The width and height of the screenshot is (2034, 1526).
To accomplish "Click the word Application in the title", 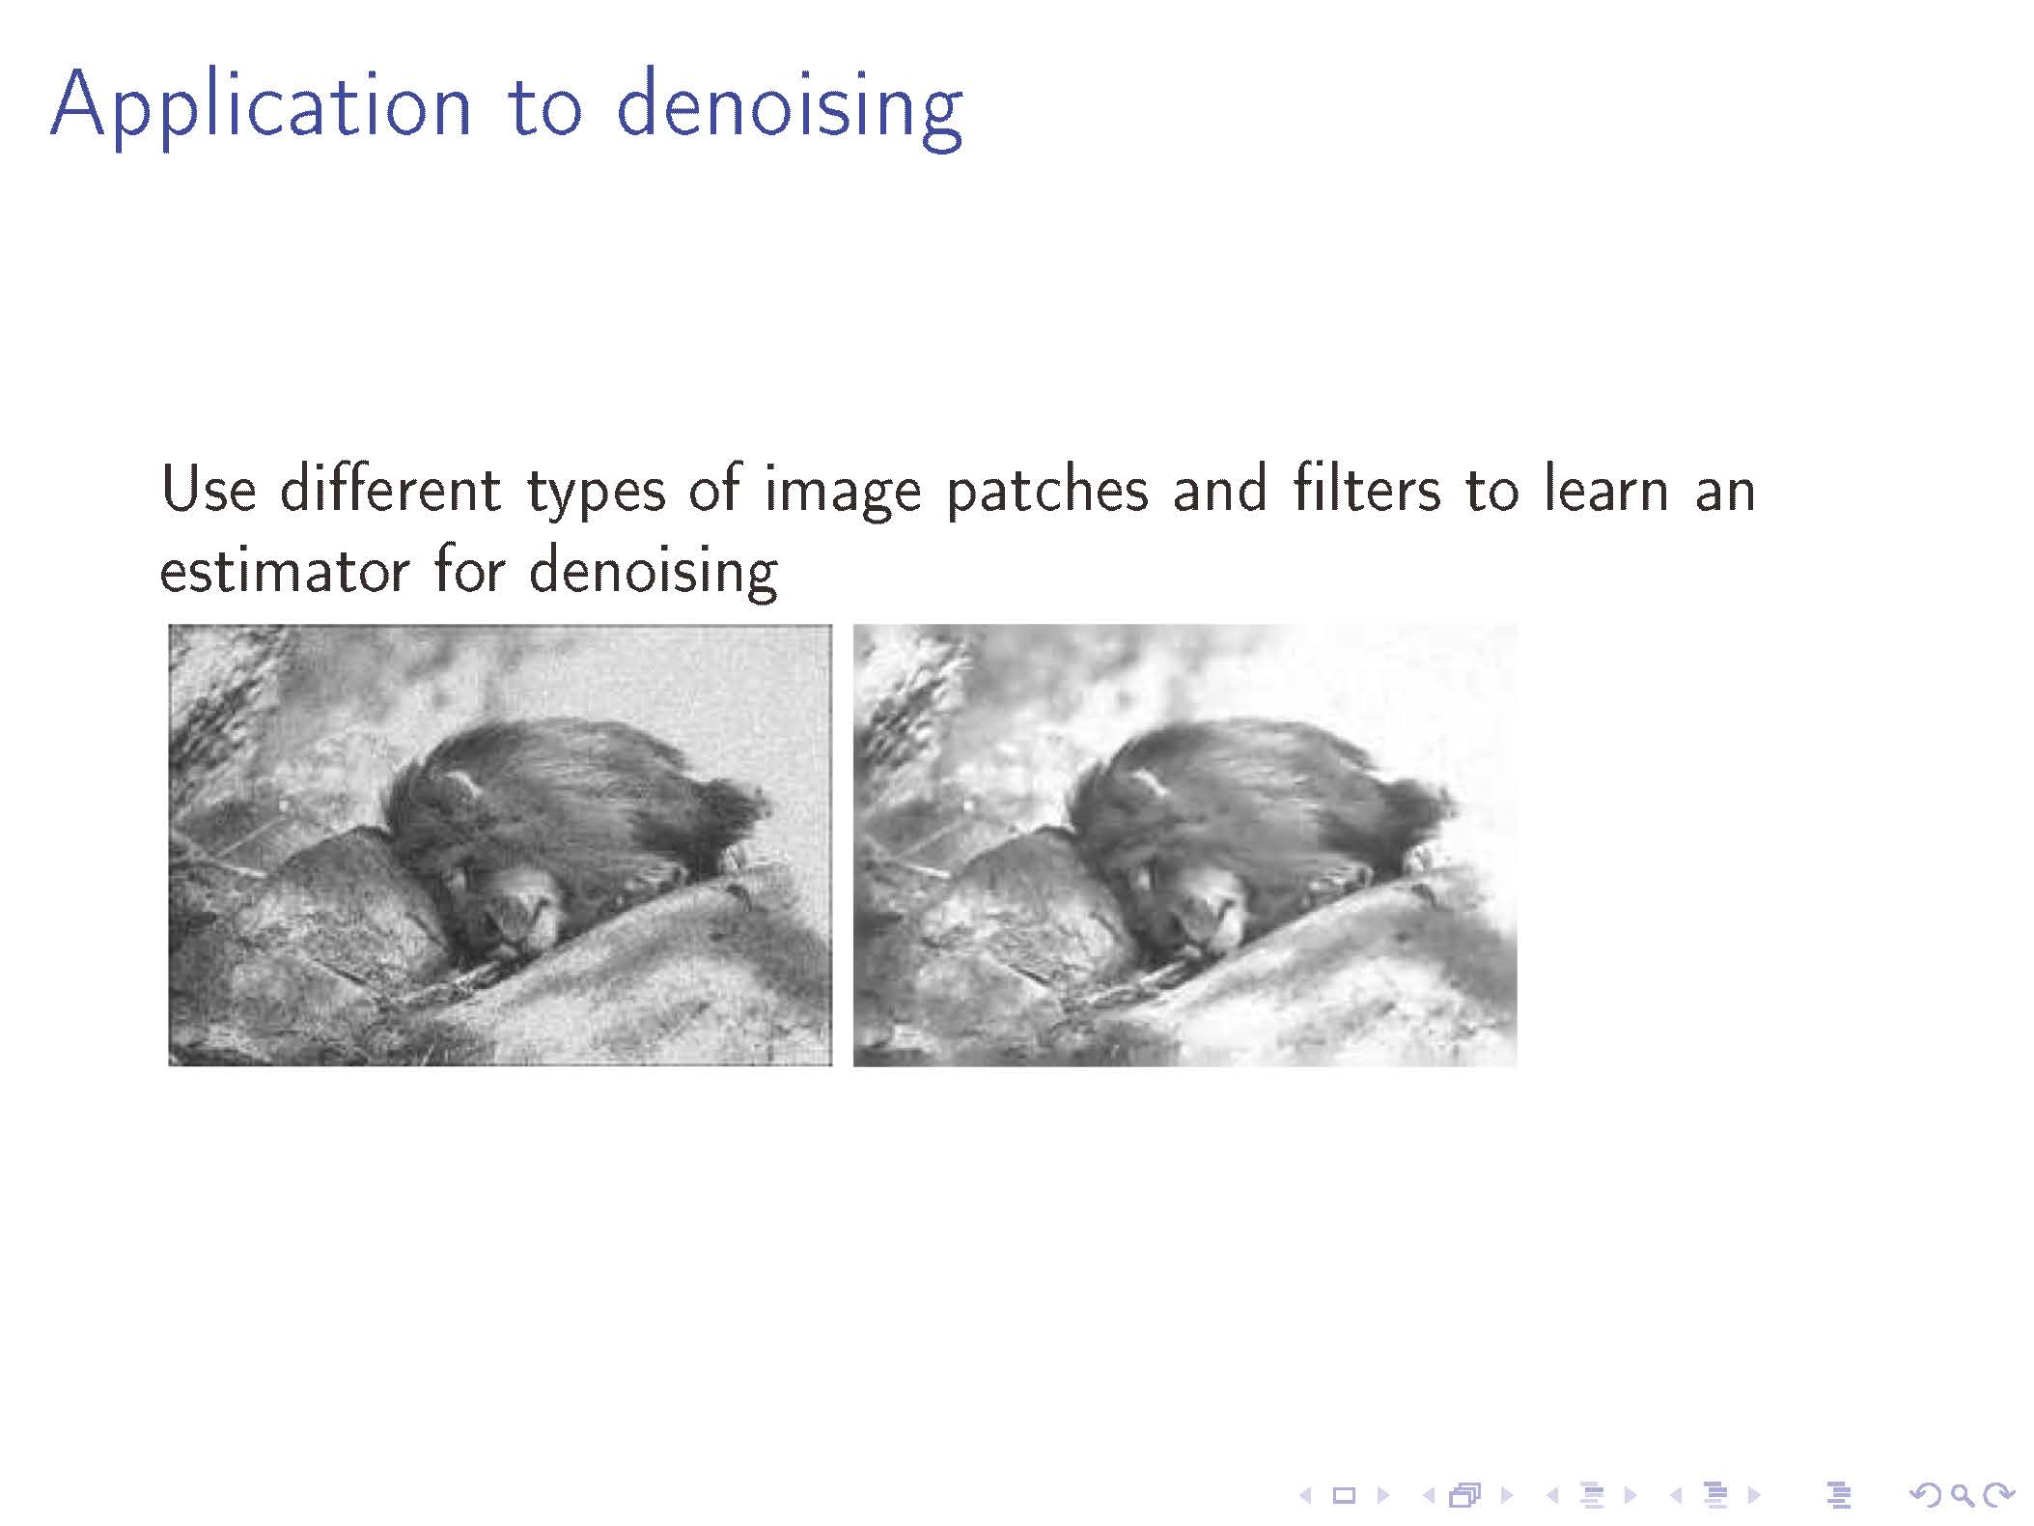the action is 261,107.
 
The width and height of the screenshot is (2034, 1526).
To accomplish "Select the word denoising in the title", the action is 789,107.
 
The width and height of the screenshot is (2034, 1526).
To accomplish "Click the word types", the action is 596,494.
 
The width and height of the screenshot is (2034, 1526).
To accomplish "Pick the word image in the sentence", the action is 843,494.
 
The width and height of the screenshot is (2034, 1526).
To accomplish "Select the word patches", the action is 1047,492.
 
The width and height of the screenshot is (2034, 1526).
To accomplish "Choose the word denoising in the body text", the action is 654,573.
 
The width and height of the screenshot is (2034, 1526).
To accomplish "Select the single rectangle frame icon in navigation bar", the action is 1343,1495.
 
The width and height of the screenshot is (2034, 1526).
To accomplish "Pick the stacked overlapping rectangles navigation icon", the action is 1464,1495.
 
